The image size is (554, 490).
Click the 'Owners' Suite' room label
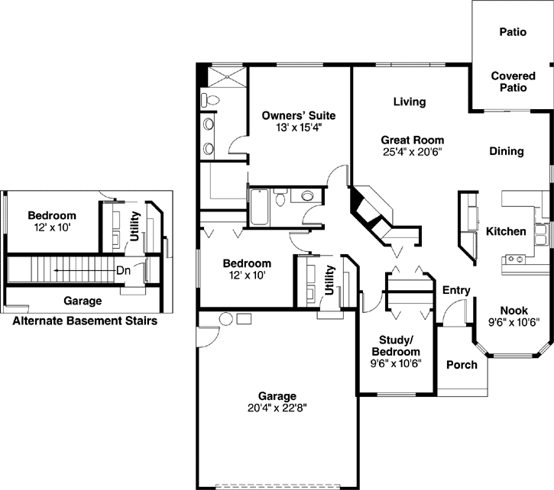[x=298, y=115]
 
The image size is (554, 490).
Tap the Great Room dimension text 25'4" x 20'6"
[x=413, y=152]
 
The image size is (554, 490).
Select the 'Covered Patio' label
[x=509, y=82]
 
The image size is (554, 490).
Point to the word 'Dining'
[x=507, y=151]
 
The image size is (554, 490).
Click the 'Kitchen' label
[x=506, y=231]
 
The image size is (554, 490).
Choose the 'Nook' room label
[x=514, y=310]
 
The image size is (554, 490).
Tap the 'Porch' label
[x=462, y=365]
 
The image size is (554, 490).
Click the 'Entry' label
[x=456, y=290]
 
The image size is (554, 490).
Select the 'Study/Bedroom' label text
[x=396, y=346]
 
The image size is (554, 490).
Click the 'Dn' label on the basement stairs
[x=123, y=270]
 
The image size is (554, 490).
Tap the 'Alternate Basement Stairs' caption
[x=85, y=321]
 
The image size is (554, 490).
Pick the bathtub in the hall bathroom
[x=258, y=205]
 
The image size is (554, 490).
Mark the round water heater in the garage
[x=227, y=318]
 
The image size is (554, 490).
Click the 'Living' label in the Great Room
[x=410, y=102]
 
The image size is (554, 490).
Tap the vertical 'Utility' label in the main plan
[x=330, y=279]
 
